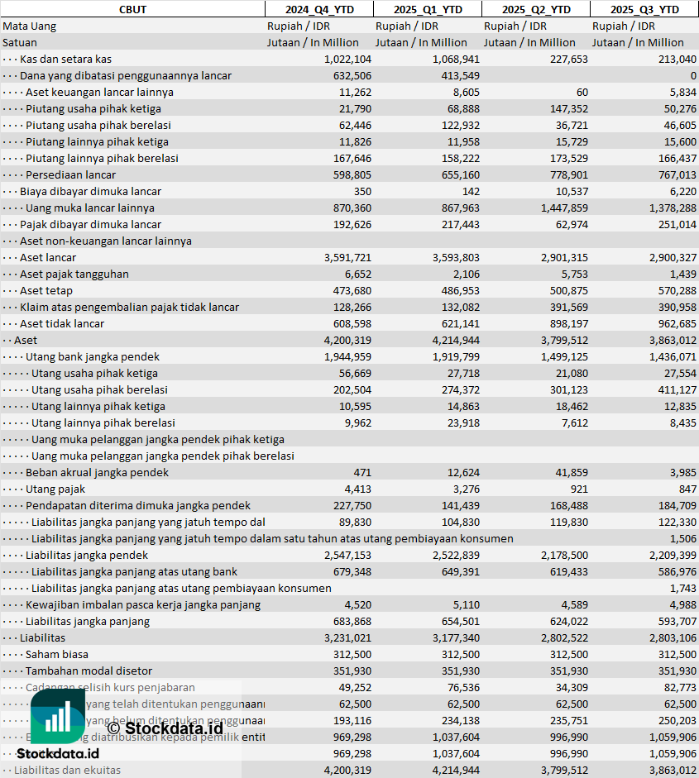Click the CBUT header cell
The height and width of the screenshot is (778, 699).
pyautogui.click(x=132, y=9)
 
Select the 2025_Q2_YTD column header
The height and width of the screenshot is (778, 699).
pyautogui.click(x=536, y=9)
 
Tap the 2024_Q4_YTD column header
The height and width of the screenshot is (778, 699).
pyautogui.click(x=318, y=9)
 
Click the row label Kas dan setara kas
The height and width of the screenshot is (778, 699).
pyautogui.click(x=65, y=59)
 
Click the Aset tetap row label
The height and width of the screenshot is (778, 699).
pyautogui.click(x=46, y=290)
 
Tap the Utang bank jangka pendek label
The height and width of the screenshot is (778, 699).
pyautogui.click(x=93, y=356)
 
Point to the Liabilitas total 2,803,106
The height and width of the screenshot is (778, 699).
pyautogui.click(x=668, y=637)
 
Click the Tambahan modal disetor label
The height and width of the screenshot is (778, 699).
pyautogui.click(x=89, y=671)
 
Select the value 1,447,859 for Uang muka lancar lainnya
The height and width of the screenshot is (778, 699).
pyautogui.click(x=560, y=208)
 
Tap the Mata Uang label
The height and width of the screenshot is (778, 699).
pyautogui.click(x=29, y=26)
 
